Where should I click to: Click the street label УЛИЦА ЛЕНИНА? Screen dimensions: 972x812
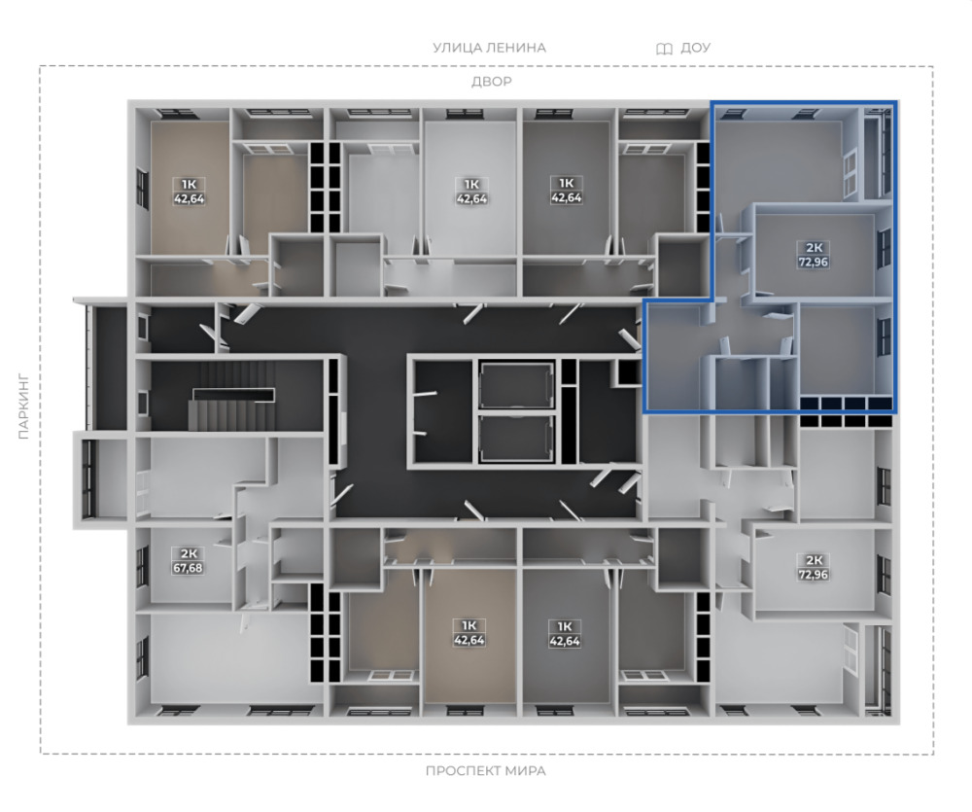[x=489, y=48]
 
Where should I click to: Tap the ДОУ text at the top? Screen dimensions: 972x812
[x=695, y=48]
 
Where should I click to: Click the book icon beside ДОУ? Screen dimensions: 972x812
[x=664, y=49]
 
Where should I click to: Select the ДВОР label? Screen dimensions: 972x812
[x=492, y=82]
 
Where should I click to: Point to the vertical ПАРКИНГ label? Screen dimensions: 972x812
[x=24, y=406]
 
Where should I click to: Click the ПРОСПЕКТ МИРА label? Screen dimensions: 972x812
[x=485, y=771]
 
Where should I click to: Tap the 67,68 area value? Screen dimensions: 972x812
[x=188, y=568]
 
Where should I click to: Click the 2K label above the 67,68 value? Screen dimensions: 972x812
[x=188, y=553]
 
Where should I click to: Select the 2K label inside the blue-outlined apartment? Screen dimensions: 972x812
[x=814, y=248]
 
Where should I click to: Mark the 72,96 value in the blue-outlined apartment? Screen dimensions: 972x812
[x=813, y=262]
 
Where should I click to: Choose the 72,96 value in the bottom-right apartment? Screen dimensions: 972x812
[x=813, y=575]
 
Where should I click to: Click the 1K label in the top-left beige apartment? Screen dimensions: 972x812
[x=190, y=184]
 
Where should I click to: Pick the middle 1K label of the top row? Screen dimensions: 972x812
[x=471, y=184]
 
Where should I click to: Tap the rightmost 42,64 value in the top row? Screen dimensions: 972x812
[x=566, y=198]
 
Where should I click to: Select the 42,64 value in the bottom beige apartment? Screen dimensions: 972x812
[x=469, y=640]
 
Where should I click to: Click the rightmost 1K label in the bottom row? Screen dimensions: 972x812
[x=565, y=626]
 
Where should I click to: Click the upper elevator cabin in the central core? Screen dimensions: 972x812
[x=517, y=386]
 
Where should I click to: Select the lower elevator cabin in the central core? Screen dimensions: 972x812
[x=517, y=439]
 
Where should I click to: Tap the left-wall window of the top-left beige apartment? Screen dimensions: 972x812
[x=143, y=188]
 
